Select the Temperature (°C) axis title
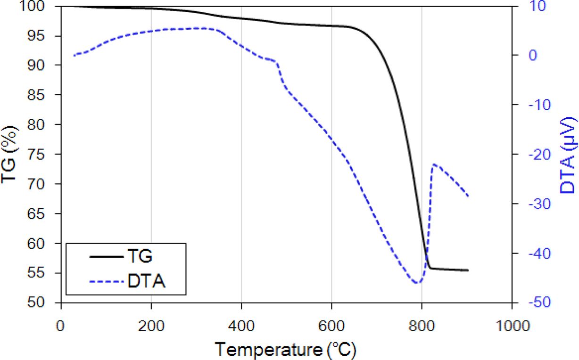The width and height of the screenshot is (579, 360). pyautogui.click(x=286, y=350)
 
